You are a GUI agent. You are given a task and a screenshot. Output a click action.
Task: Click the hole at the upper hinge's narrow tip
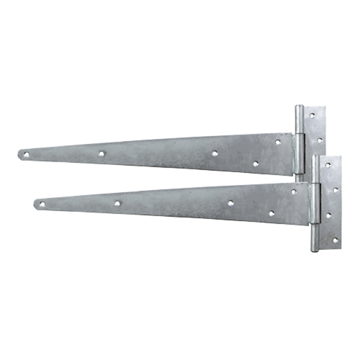(x=25, y=153)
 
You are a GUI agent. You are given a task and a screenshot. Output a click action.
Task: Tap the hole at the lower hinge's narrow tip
(x=42, y=204)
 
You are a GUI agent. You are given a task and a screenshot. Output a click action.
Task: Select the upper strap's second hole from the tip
(x=102, y=153)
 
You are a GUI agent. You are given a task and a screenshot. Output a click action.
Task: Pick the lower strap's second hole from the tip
(x=117, y=203)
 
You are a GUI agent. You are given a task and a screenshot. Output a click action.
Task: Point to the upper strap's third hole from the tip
(x=215, y=153)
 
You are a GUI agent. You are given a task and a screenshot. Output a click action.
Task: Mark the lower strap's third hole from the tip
(x=230, y=202)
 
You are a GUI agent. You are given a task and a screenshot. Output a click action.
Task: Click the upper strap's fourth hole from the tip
(x=255, y=163)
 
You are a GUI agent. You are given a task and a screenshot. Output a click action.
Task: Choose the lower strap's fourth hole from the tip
(x=271, y=213)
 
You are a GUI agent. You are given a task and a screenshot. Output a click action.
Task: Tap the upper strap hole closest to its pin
(x=279, y=142)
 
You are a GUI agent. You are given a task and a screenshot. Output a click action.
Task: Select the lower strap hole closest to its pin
(x=294, y=192)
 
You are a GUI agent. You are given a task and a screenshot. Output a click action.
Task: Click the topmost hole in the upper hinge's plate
(x=312, y=114)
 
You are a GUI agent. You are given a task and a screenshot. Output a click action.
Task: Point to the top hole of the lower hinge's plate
(x=328, y=165)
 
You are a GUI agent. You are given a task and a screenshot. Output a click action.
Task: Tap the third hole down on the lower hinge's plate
(x=328, y=215)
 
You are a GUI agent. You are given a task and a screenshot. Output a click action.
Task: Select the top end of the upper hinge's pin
(x=299, y=109)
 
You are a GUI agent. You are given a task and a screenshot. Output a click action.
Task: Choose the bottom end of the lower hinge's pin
(x=315, y=249)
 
